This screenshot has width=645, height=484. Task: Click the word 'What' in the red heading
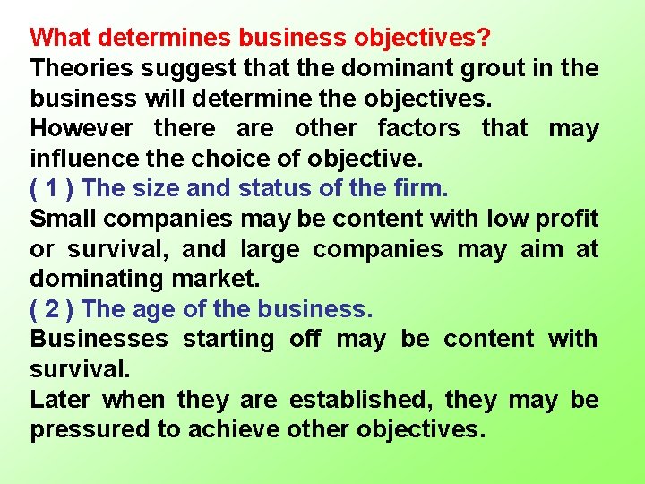click(60, 39)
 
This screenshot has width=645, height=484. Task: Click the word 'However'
click(82, 128)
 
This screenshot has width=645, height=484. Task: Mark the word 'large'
click(265, 249)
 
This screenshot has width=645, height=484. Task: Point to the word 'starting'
click(229, 339)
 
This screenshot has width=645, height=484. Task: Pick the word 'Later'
click(60, 399)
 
